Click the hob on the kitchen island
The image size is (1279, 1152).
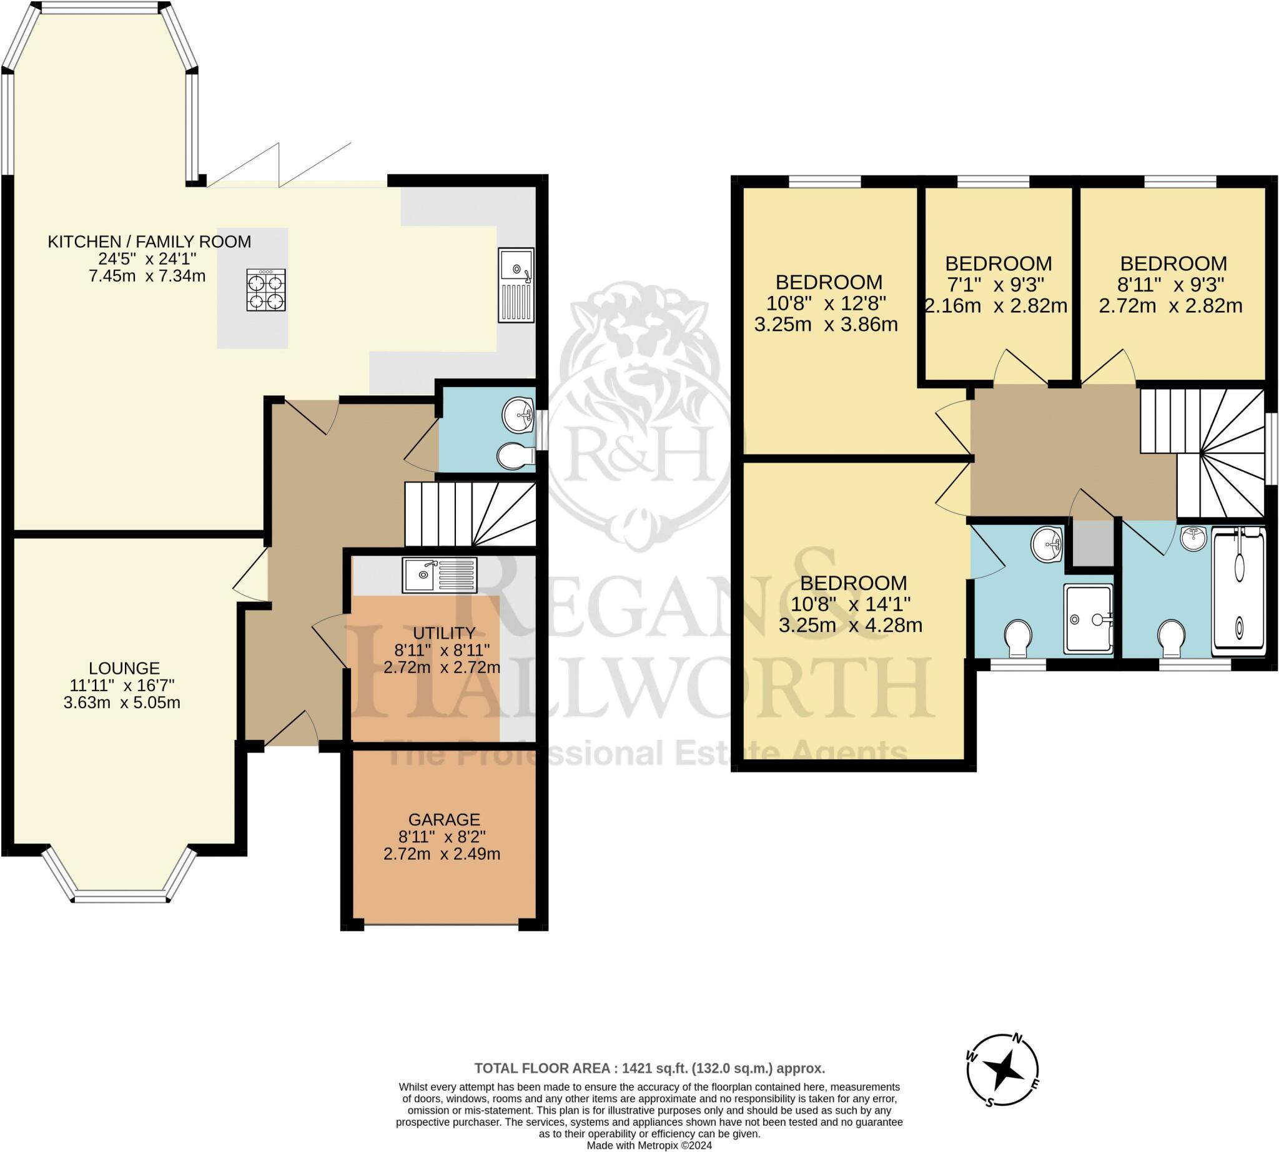pos(266,290)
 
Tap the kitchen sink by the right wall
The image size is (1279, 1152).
pos(516,285)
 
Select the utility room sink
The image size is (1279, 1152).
pos(440,574)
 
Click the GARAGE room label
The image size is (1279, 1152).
pos(444,820)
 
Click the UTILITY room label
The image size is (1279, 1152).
pos(444,633)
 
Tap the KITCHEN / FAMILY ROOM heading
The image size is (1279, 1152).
pos(149,241)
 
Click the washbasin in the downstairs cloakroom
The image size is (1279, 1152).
pos(518,415)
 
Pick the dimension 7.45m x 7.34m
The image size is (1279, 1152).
pos(147,276)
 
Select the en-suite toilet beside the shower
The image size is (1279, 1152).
pos(1018,638)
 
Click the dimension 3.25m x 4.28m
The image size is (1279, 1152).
pos(851,626)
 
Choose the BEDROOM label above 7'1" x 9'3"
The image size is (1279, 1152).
pos(999,263)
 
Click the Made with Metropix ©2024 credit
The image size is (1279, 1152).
pos(649,1145)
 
